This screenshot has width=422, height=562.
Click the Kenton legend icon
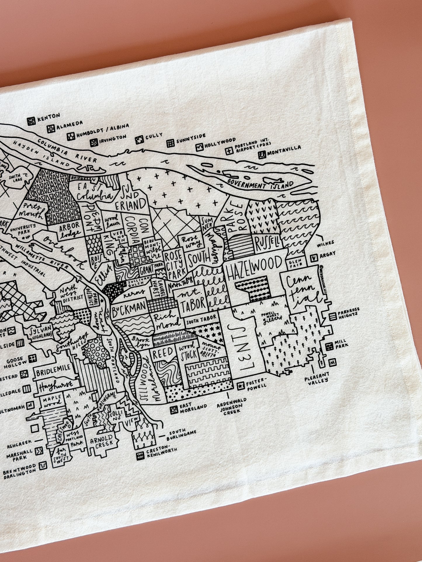point(31,121)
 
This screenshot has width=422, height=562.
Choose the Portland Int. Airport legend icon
point(229,151)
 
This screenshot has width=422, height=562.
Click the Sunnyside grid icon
point(170,143)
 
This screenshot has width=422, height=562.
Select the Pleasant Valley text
point(317,377)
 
